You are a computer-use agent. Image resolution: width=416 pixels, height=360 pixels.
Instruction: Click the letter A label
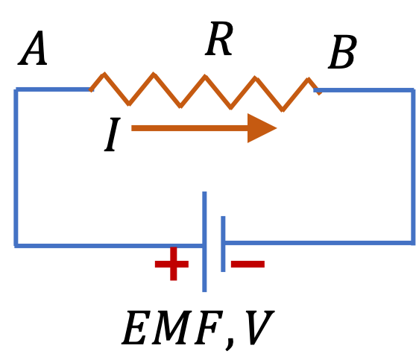coord(33,48)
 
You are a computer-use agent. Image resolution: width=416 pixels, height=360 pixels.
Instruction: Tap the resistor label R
coord(219,39)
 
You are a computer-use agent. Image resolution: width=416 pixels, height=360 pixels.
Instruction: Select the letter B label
coord(342,51)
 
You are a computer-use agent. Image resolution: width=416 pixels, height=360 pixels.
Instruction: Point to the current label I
coord(113,134)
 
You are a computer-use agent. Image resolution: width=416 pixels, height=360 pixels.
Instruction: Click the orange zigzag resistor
coord(205,91)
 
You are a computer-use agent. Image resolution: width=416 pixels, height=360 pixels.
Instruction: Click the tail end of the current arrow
coord(132,128)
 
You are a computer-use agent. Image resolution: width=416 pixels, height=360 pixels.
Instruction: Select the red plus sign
coord(172,264)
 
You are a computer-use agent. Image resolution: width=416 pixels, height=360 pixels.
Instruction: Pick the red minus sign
coord(248,264)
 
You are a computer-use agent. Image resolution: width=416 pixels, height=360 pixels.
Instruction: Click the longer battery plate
coord(204,241)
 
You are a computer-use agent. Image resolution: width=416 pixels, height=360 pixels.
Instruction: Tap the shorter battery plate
coord(223,244)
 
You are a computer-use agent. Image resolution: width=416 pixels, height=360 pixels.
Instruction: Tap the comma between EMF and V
coord(230,344)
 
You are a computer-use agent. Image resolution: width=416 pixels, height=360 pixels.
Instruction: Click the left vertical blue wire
coord(16,168)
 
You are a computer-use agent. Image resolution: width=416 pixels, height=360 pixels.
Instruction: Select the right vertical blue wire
coord(413,167)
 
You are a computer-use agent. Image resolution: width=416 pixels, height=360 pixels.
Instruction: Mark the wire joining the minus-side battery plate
coord(319,243)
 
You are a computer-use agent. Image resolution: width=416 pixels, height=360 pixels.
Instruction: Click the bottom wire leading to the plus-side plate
coord(109,246)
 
